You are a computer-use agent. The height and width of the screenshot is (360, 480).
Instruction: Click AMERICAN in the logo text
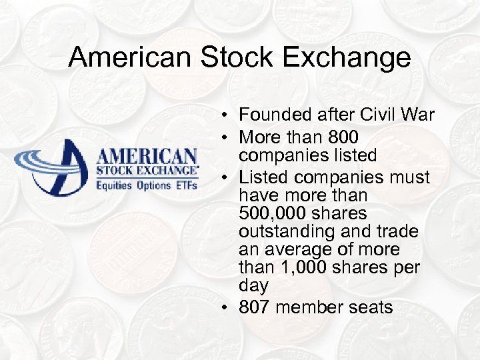(147, 157)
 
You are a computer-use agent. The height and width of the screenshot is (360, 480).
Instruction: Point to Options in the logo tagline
(154, 185)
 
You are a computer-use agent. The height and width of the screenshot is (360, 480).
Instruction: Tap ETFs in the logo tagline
(186, 185)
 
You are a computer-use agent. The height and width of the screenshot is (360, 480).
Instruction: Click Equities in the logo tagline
(115, 185)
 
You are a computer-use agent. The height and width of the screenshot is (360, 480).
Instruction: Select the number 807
(254, 307)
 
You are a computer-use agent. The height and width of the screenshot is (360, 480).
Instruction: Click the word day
(253, 286)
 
